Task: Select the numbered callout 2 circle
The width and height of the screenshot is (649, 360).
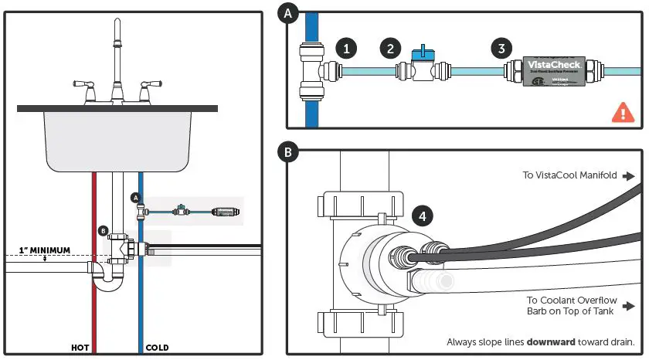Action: (390, 48)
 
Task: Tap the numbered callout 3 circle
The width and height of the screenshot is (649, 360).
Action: (501, 48)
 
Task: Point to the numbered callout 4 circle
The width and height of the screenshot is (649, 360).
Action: (422, 216)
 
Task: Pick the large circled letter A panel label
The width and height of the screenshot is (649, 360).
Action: (289, 13)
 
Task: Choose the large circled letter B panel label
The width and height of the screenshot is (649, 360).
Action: (289, 152)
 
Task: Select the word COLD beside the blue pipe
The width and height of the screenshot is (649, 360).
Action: (157, 348)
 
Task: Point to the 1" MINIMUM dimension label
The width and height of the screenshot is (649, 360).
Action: (43, 250)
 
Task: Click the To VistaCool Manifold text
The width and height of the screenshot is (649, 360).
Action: (569, 175)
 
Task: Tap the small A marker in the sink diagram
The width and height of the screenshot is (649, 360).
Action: (135, 198)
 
